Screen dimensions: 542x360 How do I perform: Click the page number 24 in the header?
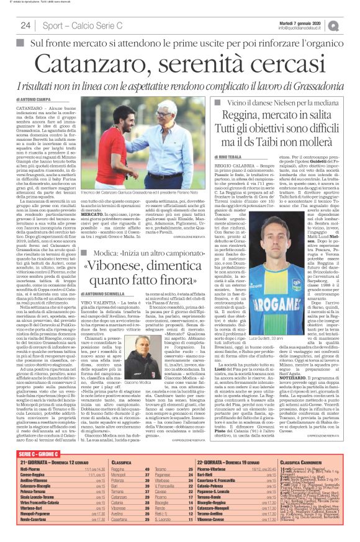click(x=25, y=25)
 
